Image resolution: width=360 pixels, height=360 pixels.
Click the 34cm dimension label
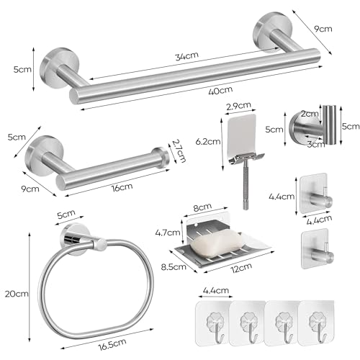click(x=186, y=56)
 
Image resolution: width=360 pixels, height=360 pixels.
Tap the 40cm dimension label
click(x=220, y=91)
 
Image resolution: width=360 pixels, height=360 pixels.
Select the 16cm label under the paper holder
click(x=122, y=187)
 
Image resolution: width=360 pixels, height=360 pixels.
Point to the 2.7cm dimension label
click(x=179, y=150)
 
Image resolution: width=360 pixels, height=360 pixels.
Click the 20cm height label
click(x=17, y=294)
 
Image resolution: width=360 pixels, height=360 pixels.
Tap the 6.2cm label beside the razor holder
click(x=208, y=142)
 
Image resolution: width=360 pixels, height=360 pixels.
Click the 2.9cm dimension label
click(x=238, y=106)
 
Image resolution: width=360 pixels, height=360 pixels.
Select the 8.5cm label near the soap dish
click(x=174, y=266)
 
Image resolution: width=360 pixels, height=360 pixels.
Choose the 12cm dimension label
click(x=241, y=268)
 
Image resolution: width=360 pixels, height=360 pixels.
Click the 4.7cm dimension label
click(x=168, y=233)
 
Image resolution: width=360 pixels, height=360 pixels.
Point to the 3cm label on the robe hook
click(x=316, y=144)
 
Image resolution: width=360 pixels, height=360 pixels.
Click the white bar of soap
click(x=217, y=243)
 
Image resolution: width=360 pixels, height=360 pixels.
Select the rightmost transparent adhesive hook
click(x=316, y=323)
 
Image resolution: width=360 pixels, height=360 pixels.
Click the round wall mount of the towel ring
click(x=75, y=239)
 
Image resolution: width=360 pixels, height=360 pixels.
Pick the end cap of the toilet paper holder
click(x=160, y=157)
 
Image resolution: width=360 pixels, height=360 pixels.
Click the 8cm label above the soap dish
click(x=202, y=207)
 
